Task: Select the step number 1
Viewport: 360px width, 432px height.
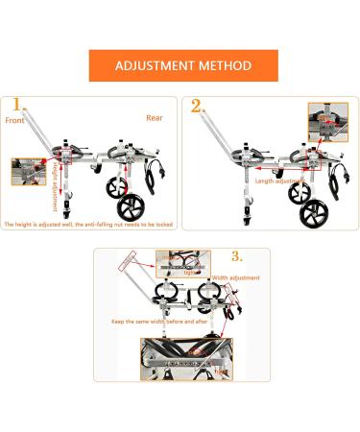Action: [15, 105]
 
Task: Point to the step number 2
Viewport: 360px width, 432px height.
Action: [197, 106]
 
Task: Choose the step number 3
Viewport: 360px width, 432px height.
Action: [237, 256]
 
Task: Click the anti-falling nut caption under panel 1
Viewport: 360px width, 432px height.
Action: [87, 224]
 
